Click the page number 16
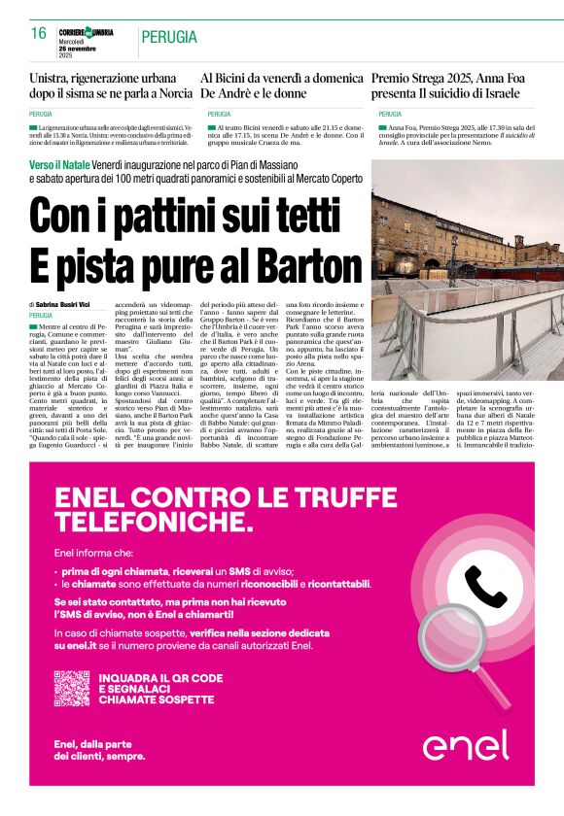39,33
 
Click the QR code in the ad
72,688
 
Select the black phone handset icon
486,586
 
